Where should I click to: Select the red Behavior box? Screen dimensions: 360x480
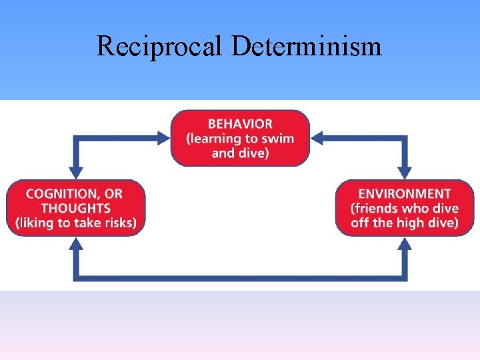[240, 138]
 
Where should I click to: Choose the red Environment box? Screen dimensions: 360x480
[405, 207]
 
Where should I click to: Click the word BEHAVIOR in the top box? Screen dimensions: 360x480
[240, 123]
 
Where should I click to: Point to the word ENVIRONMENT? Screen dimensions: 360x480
[405, 193]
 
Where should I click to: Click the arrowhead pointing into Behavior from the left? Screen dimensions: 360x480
[163, 138]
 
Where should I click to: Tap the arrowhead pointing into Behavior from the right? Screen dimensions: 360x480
[317, 138]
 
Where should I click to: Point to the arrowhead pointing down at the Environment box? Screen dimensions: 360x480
[405, 171]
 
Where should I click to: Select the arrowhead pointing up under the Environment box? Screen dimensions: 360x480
[405, 244]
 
